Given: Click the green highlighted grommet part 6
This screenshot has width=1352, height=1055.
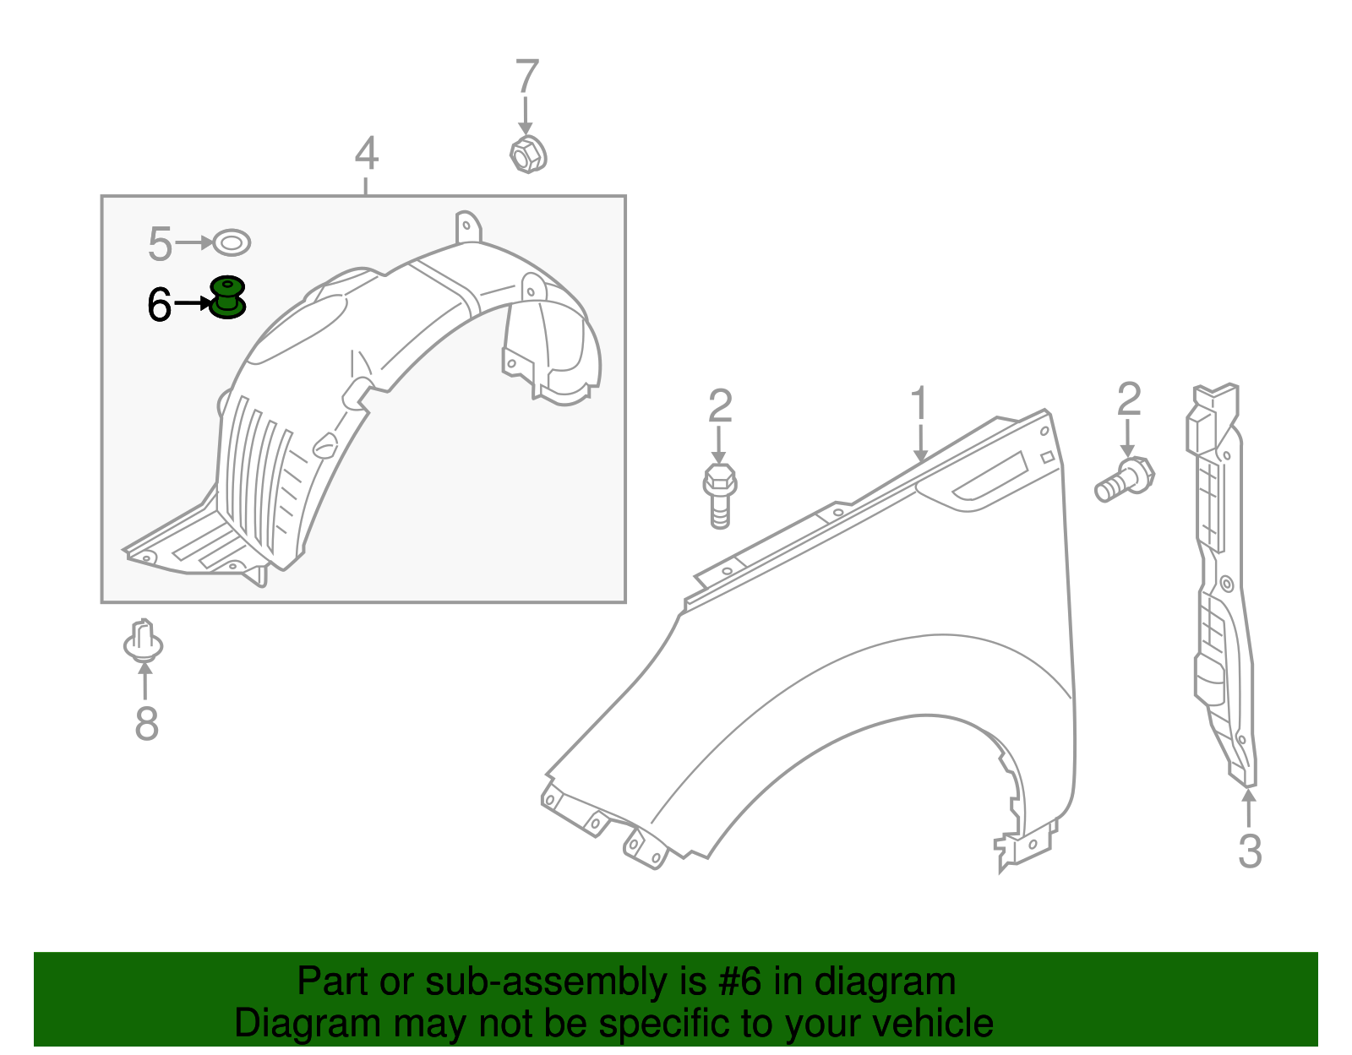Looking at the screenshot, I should tap(227, 297).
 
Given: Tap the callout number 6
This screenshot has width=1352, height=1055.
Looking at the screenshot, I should tap(159, 305).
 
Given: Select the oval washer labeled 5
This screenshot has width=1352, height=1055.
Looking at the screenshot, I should tap(232, 243).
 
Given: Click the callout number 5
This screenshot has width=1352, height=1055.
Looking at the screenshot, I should tap(160, 244).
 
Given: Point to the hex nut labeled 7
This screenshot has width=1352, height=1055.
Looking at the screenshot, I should tap(528, 155).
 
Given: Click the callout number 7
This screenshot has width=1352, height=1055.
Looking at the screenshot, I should tap(527, 77).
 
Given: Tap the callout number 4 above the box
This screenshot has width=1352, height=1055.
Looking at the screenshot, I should tap(366, 154).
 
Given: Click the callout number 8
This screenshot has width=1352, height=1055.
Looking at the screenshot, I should tap(146, 724).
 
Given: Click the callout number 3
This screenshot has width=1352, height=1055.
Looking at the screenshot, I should tap(1250, 851).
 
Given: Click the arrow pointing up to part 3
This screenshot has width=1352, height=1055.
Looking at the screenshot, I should tap(1249, 807).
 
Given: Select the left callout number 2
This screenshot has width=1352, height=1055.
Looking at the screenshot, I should tap(720, 406).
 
